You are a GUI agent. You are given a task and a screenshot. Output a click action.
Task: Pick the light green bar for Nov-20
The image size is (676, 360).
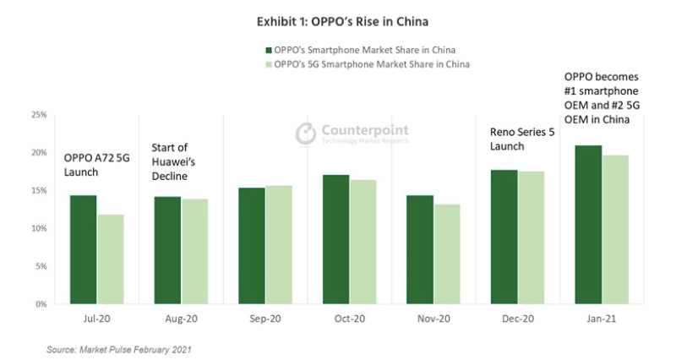(x=447, y=254)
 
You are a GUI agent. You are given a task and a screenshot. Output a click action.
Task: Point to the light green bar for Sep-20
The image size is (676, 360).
(x=279, y=244)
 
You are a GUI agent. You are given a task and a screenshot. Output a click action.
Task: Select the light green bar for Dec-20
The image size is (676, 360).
(x=531, y=237)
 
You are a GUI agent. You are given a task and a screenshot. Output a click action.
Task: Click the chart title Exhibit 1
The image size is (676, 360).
(x=338, y=20)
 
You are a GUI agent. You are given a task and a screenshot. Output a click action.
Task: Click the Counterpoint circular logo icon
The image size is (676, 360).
(x=305, y=134)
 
